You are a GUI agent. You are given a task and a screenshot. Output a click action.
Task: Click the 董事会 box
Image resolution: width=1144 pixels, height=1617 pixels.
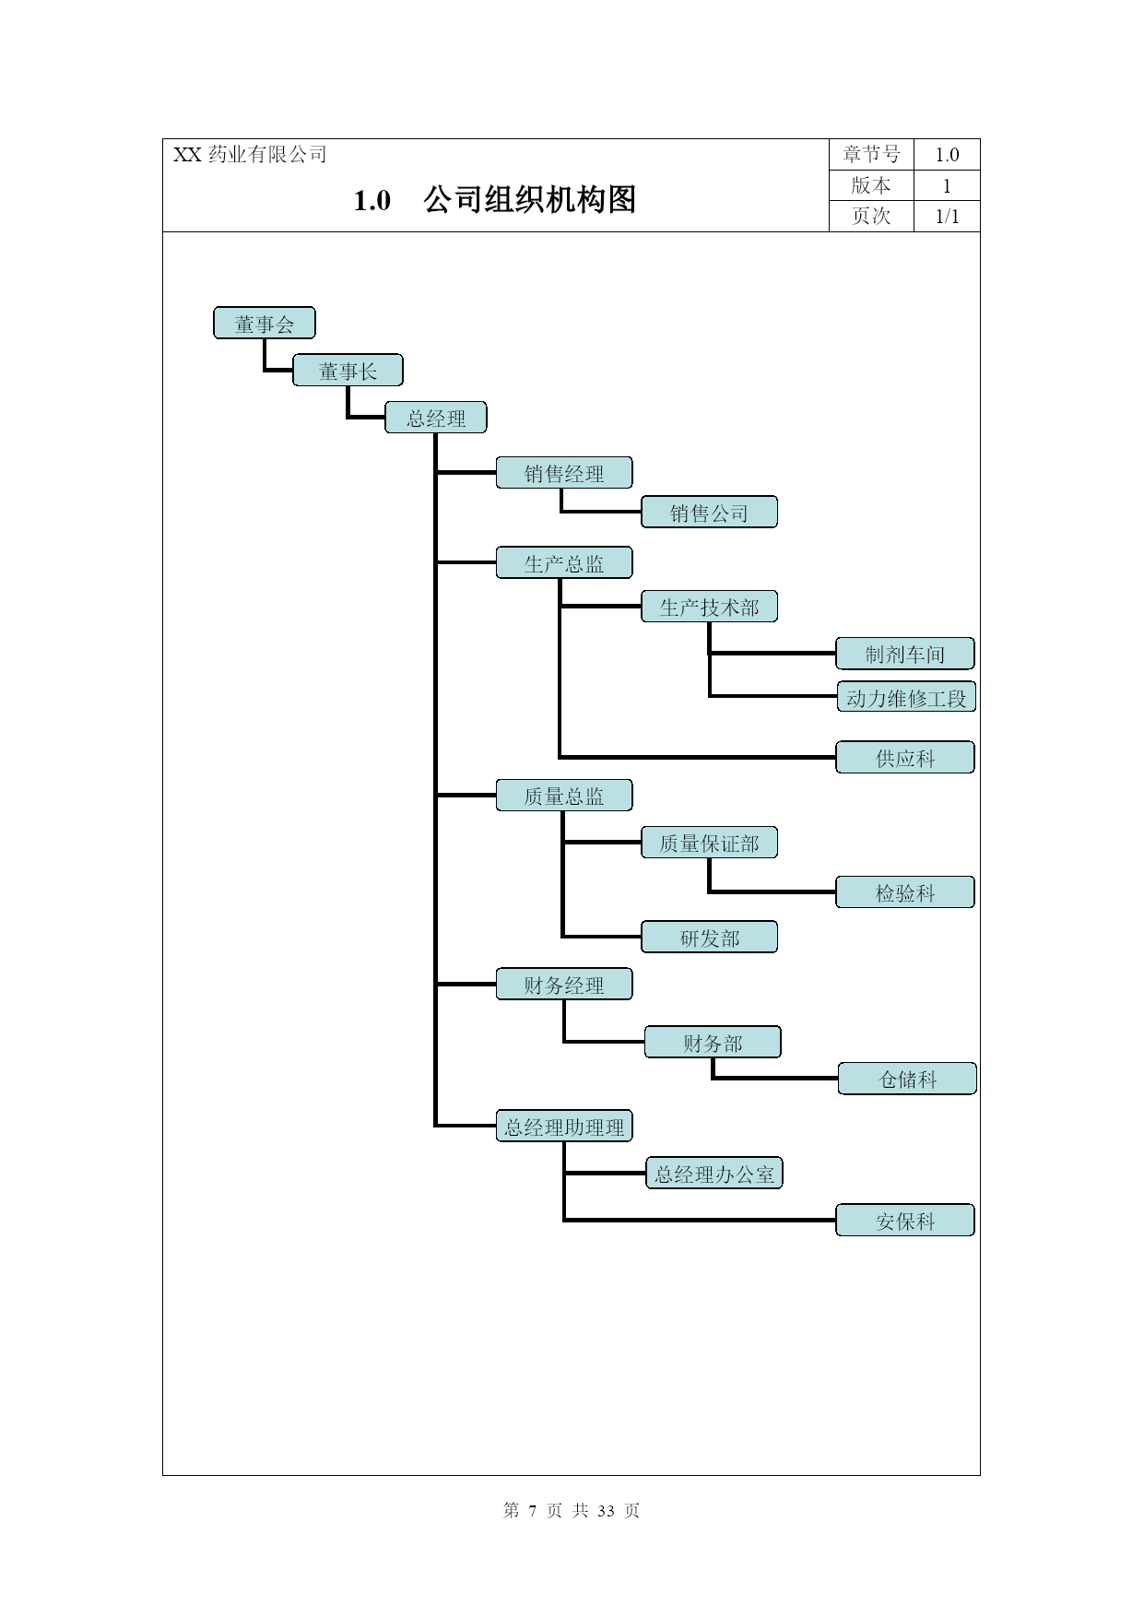pyautogui.click(x=265, y=324)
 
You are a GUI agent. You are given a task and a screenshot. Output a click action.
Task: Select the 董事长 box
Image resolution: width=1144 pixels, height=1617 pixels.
pyautogui.click(x=348, y=371)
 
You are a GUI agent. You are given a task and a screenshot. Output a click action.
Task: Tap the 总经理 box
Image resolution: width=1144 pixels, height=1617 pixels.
pyautogui.click(x=436, y=418)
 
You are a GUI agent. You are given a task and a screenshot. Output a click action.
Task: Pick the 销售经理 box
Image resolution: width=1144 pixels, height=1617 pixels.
pyautogui.click(x=564, y=473)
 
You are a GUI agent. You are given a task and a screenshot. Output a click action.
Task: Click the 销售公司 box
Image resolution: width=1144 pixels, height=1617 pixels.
pyautogui.click(x=709, y=513)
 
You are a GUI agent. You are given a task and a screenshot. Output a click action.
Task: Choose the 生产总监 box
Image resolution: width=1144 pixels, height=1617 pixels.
pyautogui.click(x=564, y=563)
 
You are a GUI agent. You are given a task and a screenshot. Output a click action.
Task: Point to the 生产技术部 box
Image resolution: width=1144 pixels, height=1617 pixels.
pyautogui.click(x=709, y=607)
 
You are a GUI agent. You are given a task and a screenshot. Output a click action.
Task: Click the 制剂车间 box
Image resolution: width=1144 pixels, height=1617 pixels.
pyautogui.click(x=905, y=654)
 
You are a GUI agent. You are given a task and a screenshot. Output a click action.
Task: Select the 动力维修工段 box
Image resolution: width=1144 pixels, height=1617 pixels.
pyautogui.click(x=906, y=698)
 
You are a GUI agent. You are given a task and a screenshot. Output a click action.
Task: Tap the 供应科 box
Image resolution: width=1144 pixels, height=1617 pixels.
pyautogui.click(x=905, y=758)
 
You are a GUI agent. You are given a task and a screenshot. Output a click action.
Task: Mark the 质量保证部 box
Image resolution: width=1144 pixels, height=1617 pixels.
pyautogui.click(x=709, y=843)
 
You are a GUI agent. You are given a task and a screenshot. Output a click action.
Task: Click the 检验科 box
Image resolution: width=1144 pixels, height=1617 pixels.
pyautogui.click(x=905, y=892)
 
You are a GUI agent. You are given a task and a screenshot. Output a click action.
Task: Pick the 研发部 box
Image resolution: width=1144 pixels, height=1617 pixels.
pyautogui.click(x=709, y=938)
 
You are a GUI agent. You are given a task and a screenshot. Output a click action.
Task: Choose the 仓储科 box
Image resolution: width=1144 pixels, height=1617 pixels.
pyautogui.click(x=908, y=1079)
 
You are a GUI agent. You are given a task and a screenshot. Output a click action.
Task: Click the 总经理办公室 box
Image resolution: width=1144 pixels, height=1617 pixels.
pyautogui.click(x=714, y=1174)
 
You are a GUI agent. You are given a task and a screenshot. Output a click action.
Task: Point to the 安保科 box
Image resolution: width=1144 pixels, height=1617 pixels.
pyautogui.click(x=905, y=1221)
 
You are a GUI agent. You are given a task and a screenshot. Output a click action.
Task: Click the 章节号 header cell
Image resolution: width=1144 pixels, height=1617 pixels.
pyautogui.click(x=871, y=155)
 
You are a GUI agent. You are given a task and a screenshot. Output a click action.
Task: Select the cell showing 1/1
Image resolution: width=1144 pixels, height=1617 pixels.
pyautogui.click(x=947, y=216)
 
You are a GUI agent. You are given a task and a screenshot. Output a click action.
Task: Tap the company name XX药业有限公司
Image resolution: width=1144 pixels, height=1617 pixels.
pyautogui.click(x=250, y=155)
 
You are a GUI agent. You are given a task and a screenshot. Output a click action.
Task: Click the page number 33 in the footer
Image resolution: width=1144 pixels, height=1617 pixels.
pyautogui.click(x=606, y=1510)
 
